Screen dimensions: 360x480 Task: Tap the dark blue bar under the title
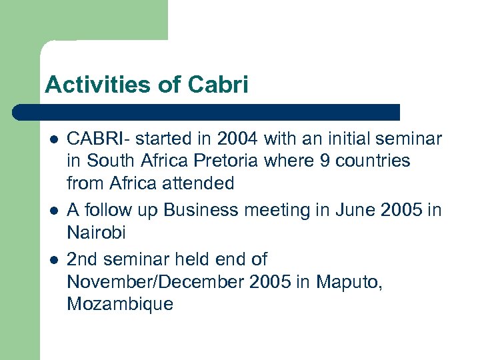[x=207, y=112]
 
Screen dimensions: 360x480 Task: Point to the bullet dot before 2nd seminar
[x=53, y=260]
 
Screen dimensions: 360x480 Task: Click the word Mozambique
[x=120, y=305]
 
